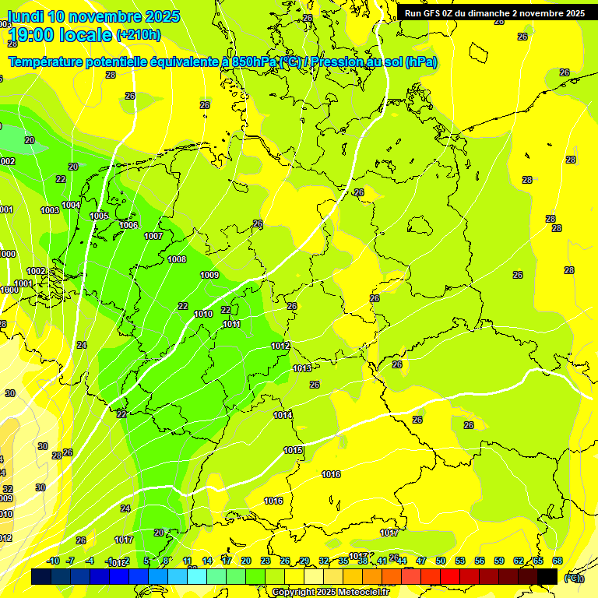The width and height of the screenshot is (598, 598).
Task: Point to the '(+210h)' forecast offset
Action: (138, 35)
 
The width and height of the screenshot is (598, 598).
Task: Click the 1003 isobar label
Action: (50, 210)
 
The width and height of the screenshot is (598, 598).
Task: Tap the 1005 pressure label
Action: (99, 216)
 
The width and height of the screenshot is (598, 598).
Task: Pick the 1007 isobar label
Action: (153, 236)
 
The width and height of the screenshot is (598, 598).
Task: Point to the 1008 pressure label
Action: (177, 259)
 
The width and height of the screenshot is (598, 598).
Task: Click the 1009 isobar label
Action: (209, 275)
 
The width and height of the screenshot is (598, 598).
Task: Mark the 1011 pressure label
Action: (231, 324)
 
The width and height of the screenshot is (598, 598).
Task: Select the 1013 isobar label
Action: (302, 368)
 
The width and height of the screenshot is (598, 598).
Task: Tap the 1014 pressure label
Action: (283, 415)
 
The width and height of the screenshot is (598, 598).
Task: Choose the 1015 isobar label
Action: (293, 450)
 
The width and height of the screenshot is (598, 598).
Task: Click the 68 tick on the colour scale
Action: (558, 561)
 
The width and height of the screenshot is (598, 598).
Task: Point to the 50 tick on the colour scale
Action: (441, 561)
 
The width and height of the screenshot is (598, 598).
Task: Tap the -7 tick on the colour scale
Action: (70, 561)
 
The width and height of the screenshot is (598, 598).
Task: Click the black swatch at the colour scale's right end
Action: (547, 576)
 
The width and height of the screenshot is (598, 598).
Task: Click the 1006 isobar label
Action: (128, 225)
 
